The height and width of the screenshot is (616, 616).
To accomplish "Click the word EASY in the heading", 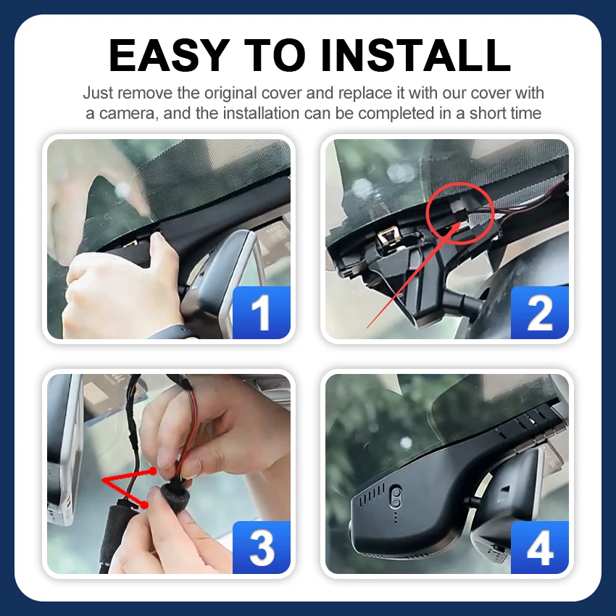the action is tap(169, 55).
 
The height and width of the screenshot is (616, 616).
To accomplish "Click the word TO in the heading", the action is tap(275, 55).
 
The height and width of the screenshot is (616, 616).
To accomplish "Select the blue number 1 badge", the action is tap(261, 312).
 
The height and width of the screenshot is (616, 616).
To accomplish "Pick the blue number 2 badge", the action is tap(539, 312).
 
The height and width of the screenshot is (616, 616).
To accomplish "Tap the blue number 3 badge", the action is tap(261, 547).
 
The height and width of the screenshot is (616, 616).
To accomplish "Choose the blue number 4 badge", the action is tap(539, 547).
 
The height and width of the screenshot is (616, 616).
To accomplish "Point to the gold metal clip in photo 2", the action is tap(389, 237).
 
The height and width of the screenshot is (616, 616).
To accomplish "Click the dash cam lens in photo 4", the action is tap(396, 497).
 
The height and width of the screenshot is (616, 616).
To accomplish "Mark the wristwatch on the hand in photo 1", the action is tap(173, 333).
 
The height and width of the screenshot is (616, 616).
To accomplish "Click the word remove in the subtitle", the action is tap(145, 93).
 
